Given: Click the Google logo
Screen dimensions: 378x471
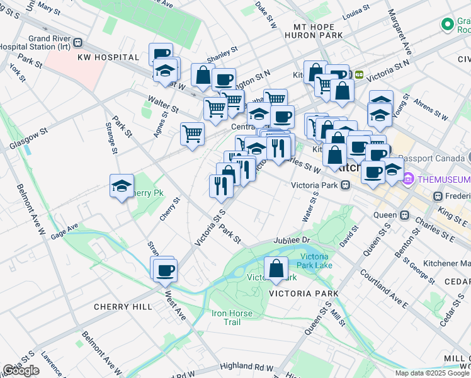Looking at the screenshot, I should pos(21,370).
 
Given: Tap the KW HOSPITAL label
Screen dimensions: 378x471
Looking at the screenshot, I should pos(108,57).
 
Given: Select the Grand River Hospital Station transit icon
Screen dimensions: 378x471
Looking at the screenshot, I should pos(77,43).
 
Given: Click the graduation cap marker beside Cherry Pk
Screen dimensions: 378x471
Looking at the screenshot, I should pos(122,186).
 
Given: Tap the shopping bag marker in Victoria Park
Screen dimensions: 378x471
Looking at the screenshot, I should pos(276,268).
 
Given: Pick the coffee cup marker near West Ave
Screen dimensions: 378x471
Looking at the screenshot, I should pos(165,270).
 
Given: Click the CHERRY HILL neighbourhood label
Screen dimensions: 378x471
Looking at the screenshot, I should pos(123,307).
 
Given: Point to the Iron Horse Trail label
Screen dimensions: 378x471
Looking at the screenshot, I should pos(232,318).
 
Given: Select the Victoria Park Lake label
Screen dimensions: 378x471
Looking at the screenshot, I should pos(315,261).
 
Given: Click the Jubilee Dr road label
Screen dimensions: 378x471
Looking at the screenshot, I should pos(292,241).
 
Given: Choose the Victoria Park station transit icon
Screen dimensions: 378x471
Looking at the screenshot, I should pos(346,186).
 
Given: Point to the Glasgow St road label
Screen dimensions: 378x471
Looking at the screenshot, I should pos(28,140).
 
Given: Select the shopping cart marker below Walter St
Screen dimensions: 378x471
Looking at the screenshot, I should pos(191,133).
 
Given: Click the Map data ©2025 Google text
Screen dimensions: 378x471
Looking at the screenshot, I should pos(431,373).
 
